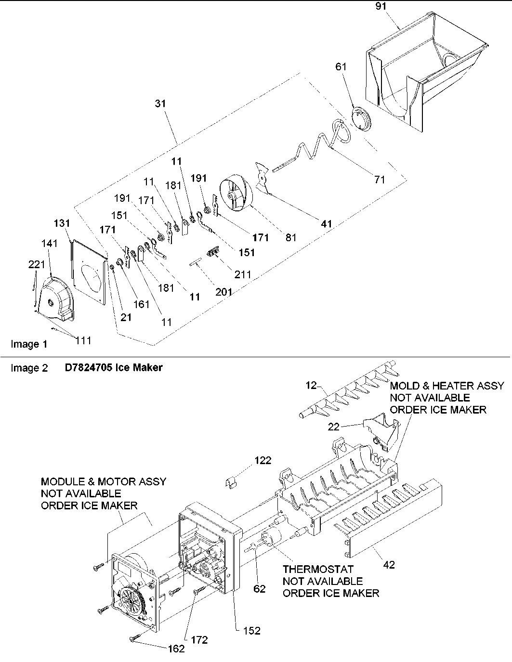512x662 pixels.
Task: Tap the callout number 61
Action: [x=341, y=67]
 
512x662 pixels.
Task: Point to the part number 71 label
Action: [x=380, y=180]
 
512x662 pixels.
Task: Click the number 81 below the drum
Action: [x=291, y=237]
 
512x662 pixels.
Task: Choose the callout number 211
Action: [x=243, y=274]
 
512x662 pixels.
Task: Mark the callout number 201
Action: [x=224, y=292]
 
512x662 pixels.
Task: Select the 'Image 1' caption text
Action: [x=29, y=344]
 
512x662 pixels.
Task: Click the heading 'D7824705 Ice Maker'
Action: [x=114, y=368]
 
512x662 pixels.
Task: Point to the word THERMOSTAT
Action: [x=318, y=569]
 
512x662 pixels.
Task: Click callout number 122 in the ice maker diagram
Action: [x=263, y=461]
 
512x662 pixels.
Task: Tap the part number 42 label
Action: [x=388, y=565]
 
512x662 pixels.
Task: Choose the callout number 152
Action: [x=251, y=630]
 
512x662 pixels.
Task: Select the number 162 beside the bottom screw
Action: [x=176, y=649]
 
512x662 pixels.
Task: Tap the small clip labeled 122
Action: [x=233, y=482]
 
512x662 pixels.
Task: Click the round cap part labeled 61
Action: [x=359, y=118]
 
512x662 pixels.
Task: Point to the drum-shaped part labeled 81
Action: [x=236, y=195]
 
